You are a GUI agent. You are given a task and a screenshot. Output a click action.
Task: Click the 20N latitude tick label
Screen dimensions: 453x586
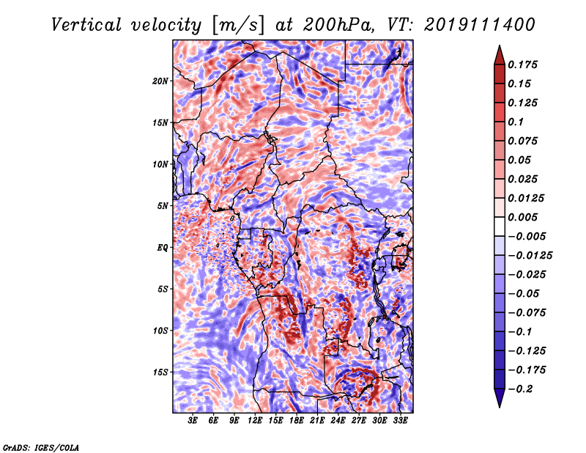pyautogui.click(x=160, y=81)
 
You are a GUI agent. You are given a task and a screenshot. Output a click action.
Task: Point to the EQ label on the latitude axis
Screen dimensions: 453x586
pyautogui.click(x=163, y=248)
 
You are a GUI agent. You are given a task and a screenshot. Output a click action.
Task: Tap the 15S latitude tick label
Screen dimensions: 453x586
pyautogui.click(x=160, y=372)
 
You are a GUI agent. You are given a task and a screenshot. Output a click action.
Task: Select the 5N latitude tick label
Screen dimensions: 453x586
pyautogui.click(x=163, y=206)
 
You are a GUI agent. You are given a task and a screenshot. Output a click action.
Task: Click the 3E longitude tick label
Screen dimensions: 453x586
pyautogui.click(x=193, y=421)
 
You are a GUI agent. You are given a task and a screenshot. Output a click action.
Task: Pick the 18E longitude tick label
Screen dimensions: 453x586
pyautogui.click(x=297, y=421)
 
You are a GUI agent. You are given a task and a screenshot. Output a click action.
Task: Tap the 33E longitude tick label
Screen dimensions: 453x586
pyautogui.click(x=401, y=421)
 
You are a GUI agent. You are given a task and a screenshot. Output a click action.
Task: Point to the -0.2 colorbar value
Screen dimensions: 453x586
pyautogui.click(x=521, y=389)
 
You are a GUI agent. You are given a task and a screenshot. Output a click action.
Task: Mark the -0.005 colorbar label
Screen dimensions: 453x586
pyautogui.click(x=527, y=236)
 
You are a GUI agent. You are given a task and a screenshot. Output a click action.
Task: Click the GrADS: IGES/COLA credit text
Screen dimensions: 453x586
pyautogui.click(x=40, y=446)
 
